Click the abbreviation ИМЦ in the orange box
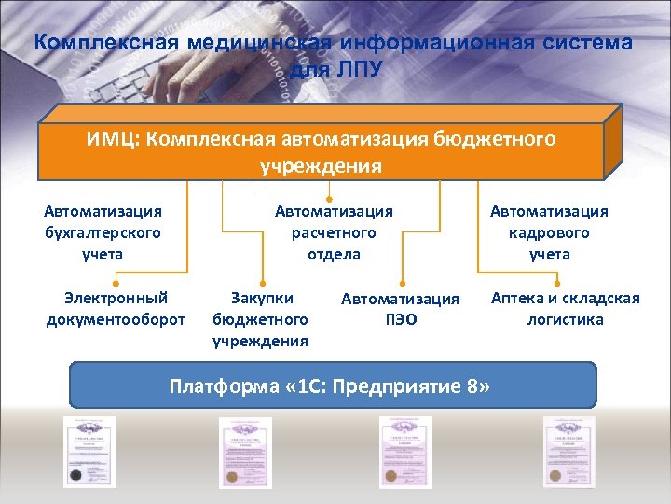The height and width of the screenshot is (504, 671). (x=114, y=139)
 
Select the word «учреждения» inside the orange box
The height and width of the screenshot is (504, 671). (x=322, y=166)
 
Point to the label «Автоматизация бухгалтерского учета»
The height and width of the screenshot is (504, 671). (x=103, y=232)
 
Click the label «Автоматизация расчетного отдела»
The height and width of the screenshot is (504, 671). (x=334, y=232)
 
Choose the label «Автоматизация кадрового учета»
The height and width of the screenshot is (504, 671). (x=549, y=232)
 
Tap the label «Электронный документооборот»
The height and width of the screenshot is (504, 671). (x=116, y=309)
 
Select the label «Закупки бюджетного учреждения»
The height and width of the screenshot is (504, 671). (x=261, y=319)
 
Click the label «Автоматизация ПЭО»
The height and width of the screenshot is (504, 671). (x=400, y=309)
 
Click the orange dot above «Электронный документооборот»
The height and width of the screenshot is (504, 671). (x=116, y=280)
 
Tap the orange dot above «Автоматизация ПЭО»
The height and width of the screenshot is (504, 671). (x=403, y=280)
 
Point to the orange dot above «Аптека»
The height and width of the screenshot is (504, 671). (x=556, y=280)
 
